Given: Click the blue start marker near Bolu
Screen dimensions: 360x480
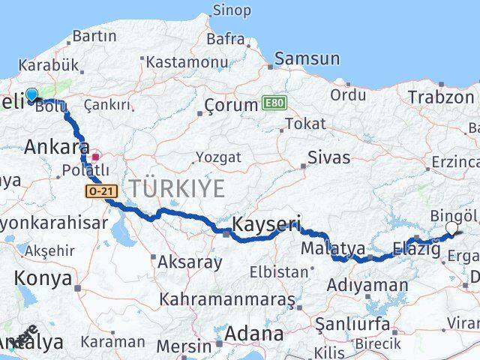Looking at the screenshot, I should point(31,95).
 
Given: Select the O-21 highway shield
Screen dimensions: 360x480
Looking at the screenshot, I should point(100,191).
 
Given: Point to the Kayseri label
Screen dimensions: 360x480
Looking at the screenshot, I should point(266,224).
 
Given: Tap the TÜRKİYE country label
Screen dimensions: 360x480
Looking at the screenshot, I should point(178,188).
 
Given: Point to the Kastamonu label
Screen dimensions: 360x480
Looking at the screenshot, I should point(187,63).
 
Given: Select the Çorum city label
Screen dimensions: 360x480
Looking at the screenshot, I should point(229,105).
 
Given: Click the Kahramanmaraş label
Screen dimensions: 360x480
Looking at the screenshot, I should point(228,299).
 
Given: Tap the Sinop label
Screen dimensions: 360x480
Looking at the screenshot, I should point(232,10).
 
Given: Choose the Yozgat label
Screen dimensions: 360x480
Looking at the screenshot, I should point(218,157).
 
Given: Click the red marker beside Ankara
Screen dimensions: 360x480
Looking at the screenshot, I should point(96,157).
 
